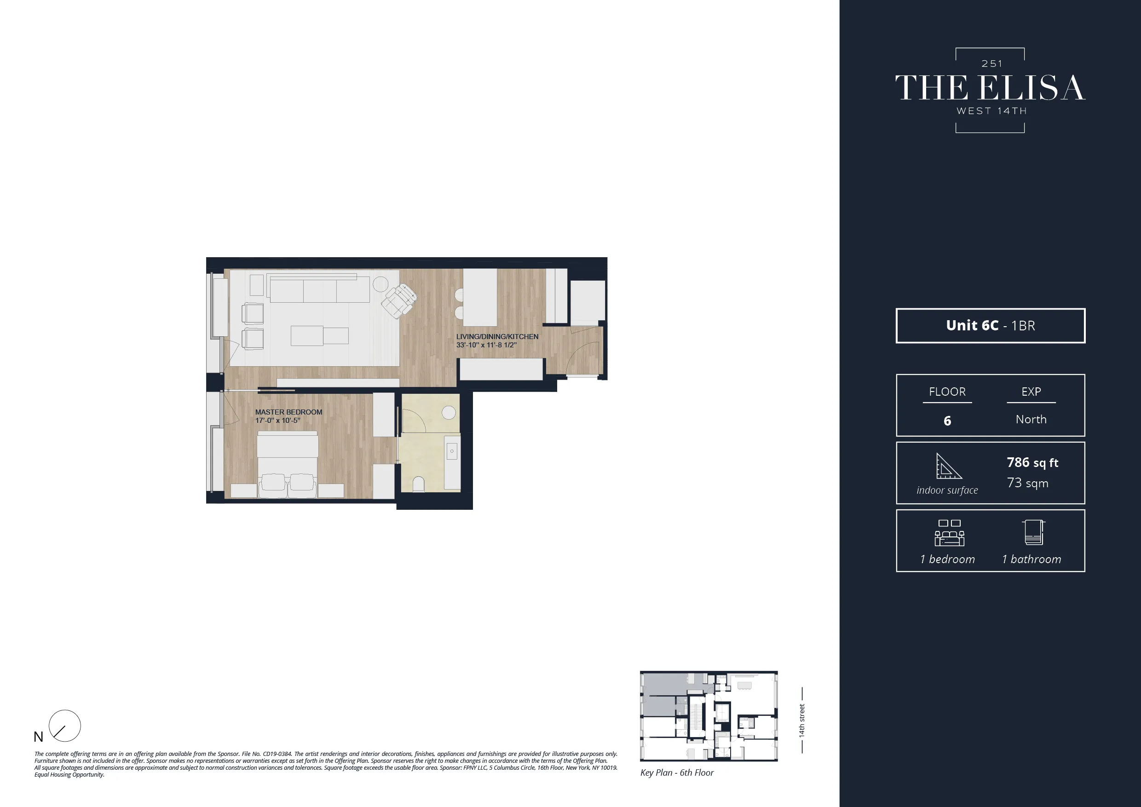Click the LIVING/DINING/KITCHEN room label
pos(497,336)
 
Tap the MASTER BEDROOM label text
pos(288,412)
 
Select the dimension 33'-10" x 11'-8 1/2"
pos(486,345)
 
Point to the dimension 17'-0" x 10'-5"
pos(277,421)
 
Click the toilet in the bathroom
pos(418,484)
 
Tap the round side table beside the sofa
pos(380,284)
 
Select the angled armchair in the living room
pos(399,300)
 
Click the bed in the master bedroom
pos(287,462)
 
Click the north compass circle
pos(64,726)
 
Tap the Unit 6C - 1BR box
pos(990,325)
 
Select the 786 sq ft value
pos(1032,463)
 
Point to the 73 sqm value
pos(1027,483)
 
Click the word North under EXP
pos(1031,420)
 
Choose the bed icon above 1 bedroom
pos(949,533)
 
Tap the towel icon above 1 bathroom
pos(1034,532)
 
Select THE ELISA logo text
pos(990,88)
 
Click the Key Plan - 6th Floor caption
pos(676,772)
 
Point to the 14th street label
pos(801,720)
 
